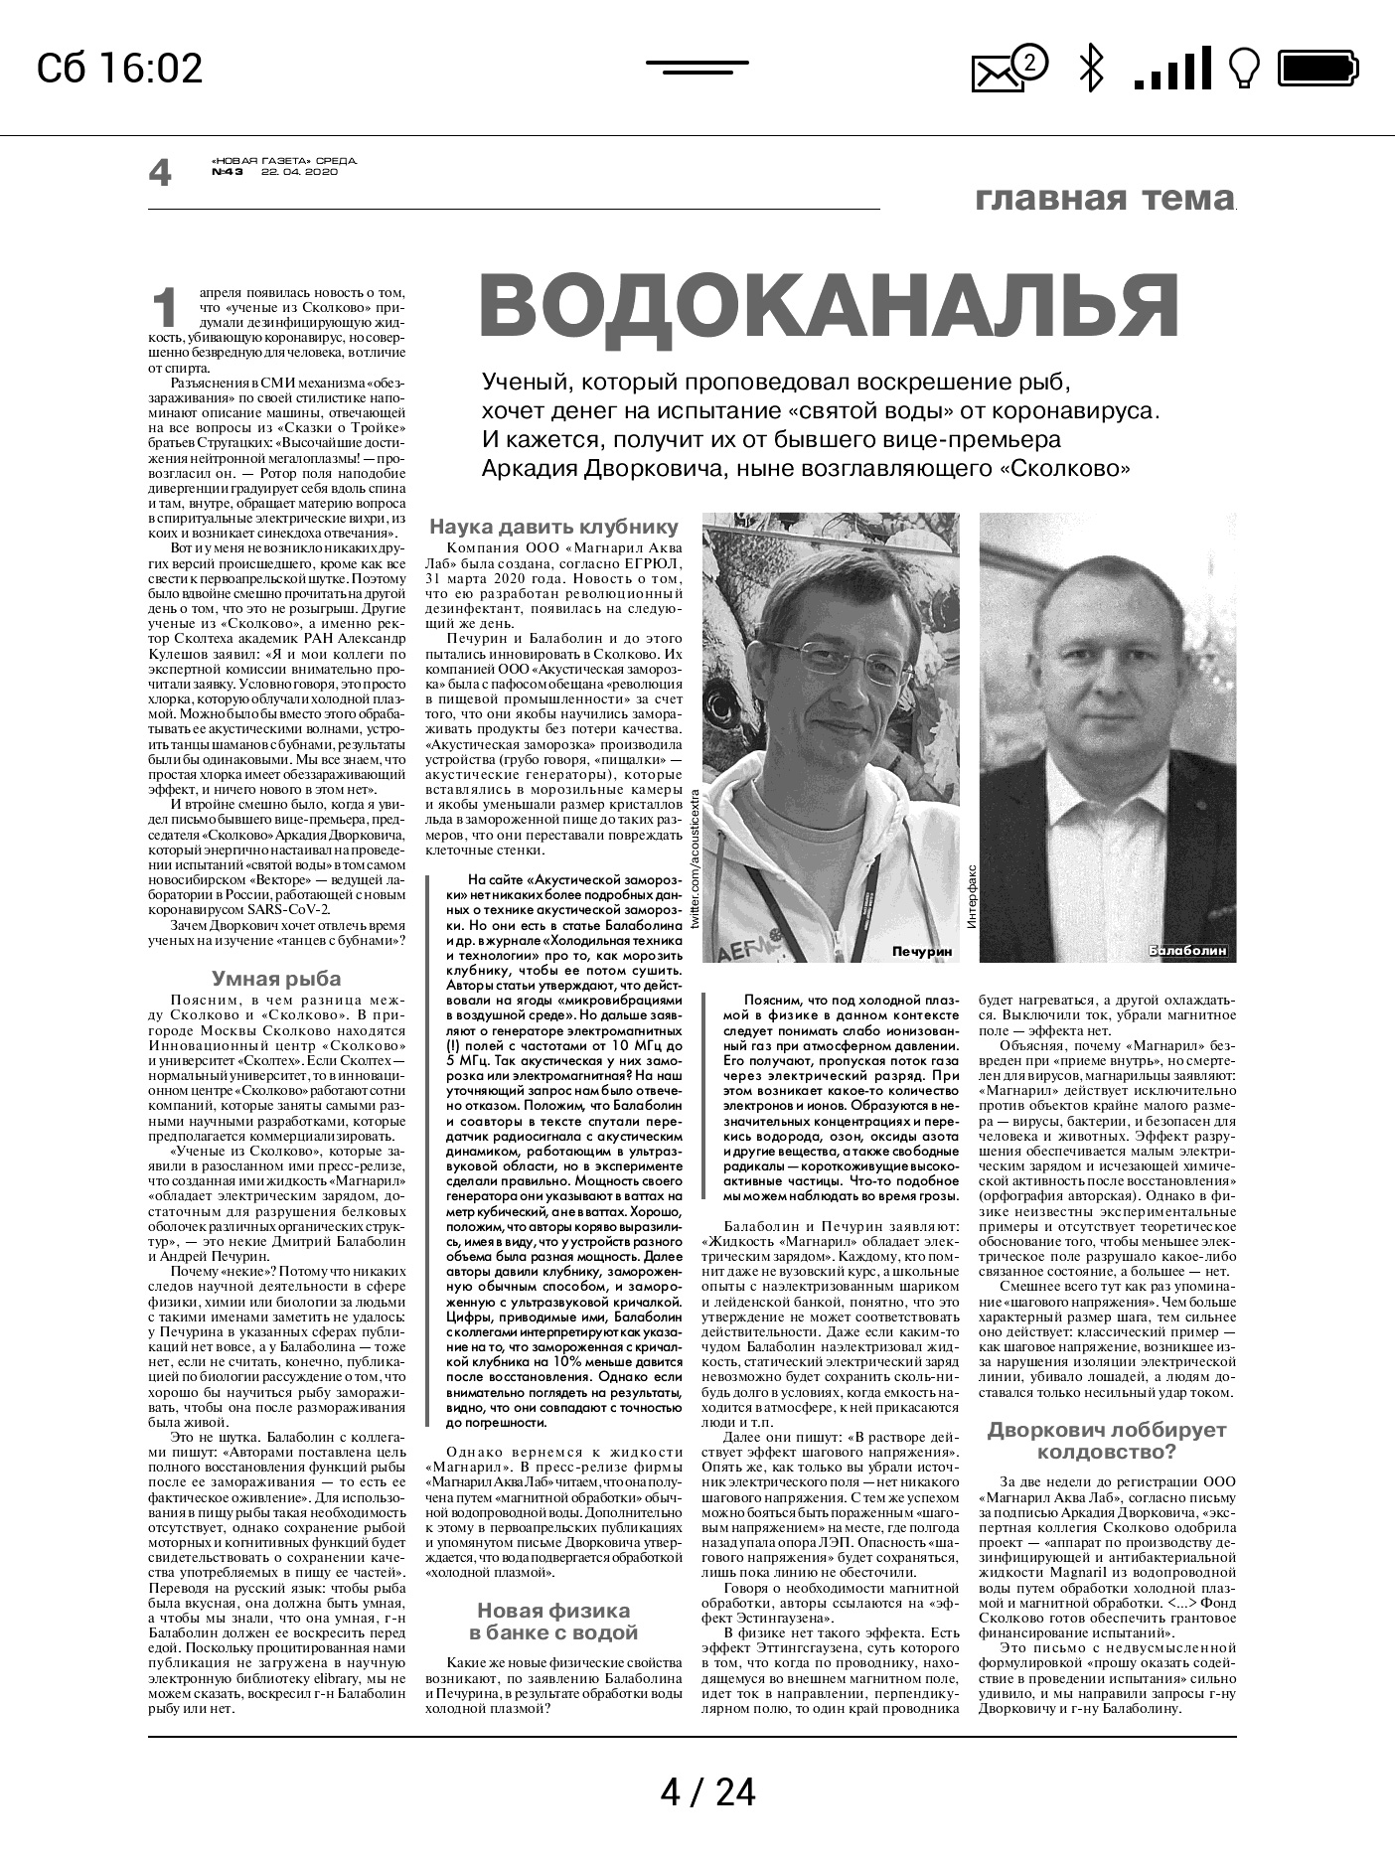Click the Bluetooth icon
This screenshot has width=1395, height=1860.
(1092, 69)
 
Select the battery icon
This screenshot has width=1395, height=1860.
(1317, 69)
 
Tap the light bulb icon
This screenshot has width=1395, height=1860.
(1244, 69)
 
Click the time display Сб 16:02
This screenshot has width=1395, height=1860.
(119, 69)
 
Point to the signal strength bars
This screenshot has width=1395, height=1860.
(1172, 69)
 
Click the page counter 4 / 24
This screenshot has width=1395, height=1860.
(707, 1792)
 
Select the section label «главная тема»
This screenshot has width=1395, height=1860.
(1104, 198)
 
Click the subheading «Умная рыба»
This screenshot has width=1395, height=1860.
(276, 978)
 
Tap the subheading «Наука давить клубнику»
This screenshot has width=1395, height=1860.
(553, 527)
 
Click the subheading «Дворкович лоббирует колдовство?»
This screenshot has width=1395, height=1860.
(1107, 1441)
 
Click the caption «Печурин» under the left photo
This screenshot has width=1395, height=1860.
(921, 951)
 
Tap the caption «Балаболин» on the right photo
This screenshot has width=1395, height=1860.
(1187, 951)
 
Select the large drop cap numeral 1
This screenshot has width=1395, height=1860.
(165, 308)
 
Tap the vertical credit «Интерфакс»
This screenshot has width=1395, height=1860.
(971, 895)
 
